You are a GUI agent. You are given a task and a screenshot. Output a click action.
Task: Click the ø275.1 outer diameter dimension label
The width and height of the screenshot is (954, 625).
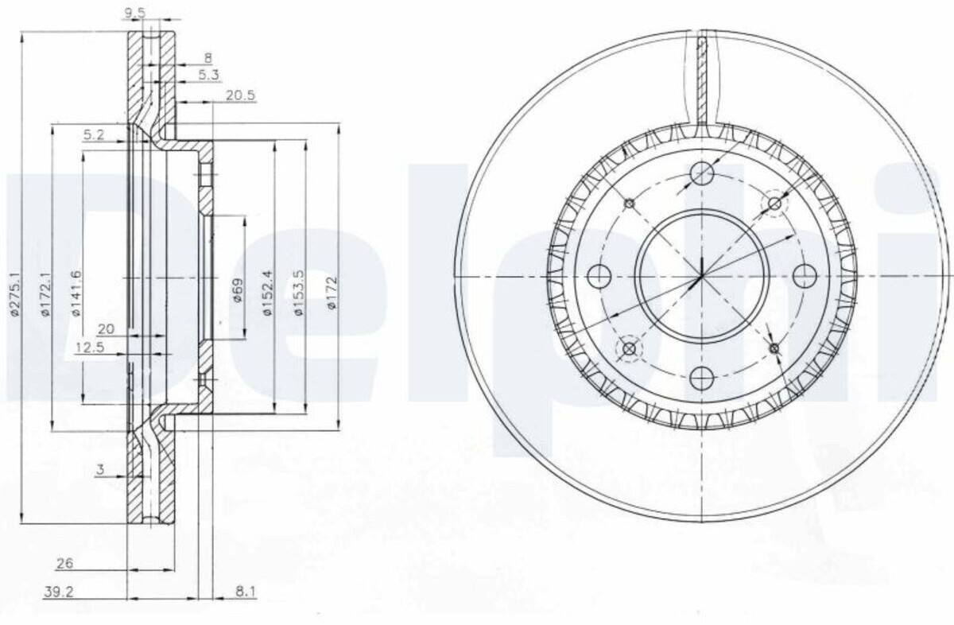coord(15,293)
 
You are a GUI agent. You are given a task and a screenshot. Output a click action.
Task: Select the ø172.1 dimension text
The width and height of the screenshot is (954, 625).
coord(45,293)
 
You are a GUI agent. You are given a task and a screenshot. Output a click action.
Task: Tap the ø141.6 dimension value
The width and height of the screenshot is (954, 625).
coord(76,293)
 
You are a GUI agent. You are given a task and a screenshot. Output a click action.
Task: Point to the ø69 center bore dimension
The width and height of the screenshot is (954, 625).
coord(238,289)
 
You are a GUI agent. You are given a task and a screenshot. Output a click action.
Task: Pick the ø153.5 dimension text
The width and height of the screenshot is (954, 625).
coord(299,293)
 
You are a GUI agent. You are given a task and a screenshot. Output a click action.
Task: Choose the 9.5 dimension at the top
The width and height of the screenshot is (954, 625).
coord(135,14)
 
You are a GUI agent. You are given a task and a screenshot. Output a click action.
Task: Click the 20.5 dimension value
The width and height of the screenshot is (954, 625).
coord(241,95)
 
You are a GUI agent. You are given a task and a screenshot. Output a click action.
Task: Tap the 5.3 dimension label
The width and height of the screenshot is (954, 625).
coord(208,75)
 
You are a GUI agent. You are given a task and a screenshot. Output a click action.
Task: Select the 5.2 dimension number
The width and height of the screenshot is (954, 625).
coord(94,135)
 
